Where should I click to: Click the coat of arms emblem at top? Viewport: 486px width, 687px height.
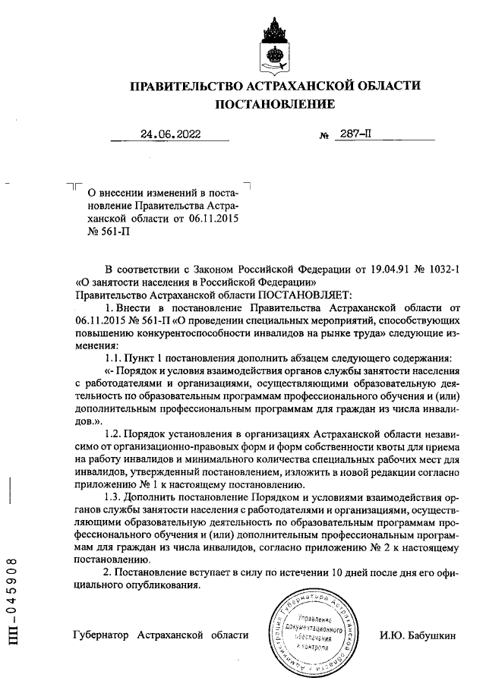(273, 44)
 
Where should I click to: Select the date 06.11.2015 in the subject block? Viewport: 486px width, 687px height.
(214, 218)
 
